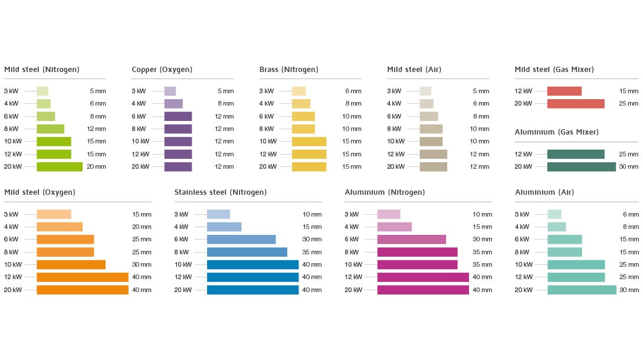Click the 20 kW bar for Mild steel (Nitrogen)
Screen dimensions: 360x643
pos(60,166)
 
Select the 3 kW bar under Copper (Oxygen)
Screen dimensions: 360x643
pos(170,91)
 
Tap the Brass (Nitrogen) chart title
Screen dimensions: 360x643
pos(288,70)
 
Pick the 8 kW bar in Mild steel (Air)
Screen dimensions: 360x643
pos(431,129)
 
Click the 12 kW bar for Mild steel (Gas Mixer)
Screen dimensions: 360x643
pos(564,91)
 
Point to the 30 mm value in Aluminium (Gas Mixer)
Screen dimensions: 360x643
pos(629,166)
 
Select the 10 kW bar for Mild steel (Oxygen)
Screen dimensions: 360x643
pos(71,264)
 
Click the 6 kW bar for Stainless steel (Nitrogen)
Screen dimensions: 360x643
pos(241,240)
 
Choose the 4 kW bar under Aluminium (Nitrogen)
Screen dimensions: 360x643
pos(394,227)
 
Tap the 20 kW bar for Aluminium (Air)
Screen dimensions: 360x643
pos(582,290)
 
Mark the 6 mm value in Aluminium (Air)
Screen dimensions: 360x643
pos(631,214)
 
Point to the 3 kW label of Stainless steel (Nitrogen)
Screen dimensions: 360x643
pos(181,214)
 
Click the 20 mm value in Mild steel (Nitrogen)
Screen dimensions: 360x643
pos(96,166)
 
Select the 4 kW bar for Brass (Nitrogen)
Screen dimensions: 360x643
pos(301,104)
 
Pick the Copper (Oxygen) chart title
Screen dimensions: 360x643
pos(162,70)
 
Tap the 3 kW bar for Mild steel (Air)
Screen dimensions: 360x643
pos(425,91)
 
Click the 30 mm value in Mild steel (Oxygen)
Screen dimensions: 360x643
pos(142,264)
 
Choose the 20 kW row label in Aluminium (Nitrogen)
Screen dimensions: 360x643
pos(353,290)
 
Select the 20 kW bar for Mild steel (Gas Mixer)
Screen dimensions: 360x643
pos(576,104)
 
